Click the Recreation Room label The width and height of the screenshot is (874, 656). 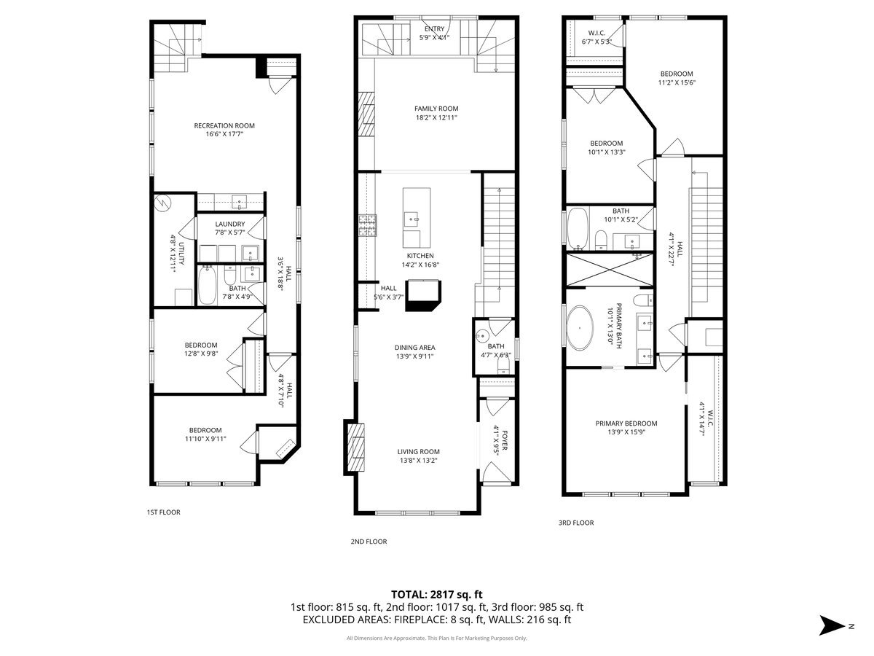224,130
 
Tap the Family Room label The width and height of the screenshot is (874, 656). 436,113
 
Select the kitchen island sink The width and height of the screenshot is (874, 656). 413,217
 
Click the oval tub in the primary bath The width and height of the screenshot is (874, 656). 581,329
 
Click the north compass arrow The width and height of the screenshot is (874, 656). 831,625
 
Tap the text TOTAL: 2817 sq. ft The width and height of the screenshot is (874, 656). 436,595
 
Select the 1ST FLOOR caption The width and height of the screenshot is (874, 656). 163,512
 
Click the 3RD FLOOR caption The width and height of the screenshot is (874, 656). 576,523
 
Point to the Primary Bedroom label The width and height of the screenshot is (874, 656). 626,428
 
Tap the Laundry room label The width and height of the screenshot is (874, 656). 230,228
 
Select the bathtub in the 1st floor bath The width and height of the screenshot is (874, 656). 208,285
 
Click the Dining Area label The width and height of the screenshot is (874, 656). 414,352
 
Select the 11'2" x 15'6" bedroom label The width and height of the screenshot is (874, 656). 677,78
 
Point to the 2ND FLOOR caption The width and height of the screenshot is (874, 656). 369,542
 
